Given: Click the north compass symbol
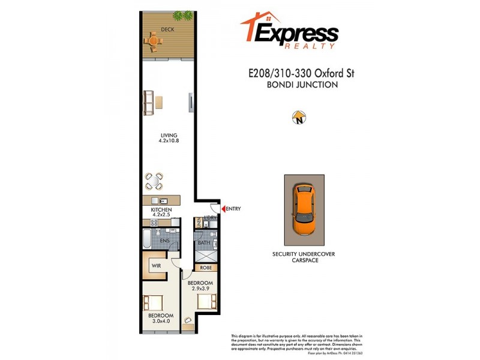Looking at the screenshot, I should pos(298,118).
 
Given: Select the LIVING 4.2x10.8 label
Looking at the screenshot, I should pos(168,137).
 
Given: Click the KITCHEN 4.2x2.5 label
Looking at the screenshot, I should pos(161,212).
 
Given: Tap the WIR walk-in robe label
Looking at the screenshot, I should pos(156,265).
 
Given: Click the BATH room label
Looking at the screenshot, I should pos(203,242).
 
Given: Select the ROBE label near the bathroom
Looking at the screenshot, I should pos(206,268).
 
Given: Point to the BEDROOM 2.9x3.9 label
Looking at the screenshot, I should pos(200,286).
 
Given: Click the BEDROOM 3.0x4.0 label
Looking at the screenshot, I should pos(161,319).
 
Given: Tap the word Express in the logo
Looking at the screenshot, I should pos(296,33).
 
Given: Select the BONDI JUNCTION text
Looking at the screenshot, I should pos(302,85).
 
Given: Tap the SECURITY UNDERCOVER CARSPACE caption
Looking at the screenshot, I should pos(304,257).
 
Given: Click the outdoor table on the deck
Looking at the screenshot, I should pos(154,41).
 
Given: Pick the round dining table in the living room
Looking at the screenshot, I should pos(154,181).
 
